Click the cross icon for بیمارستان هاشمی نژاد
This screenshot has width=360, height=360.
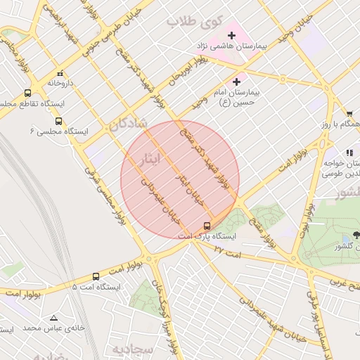[x=231, y=35]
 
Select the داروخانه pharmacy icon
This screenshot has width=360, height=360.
[x=60, y=72]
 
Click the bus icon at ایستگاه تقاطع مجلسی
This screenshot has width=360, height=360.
[x=28, y=92]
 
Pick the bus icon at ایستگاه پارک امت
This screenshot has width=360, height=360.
[x=207, y=226]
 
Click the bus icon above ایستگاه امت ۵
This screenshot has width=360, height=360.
[x=96, y=276]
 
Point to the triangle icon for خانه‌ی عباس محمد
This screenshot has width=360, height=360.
[x=62, y=316]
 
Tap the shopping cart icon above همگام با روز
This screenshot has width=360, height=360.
[x=349, y=113]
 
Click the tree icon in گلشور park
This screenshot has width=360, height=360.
[x=356, y=236]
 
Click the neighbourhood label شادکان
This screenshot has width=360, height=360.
[x=128, y=124]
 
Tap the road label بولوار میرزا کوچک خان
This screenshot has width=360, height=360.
[x=167, y=323]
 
